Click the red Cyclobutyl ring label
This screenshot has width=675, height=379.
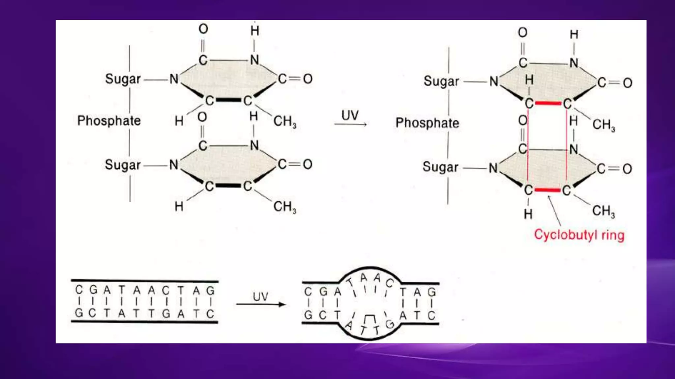(579, 235)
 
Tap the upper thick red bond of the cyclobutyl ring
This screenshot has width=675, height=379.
(548, 103)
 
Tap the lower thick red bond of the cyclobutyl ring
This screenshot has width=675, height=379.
(547, 190)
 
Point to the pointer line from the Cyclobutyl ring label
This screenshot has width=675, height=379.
(554, 211)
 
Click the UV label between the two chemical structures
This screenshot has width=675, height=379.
(350, 115)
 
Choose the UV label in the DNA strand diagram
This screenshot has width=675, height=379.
(260, 296)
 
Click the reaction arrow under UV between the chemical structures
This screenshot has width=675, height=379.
(350, 124)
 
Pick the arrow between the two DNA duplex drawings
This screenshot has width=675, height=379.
(260, 304)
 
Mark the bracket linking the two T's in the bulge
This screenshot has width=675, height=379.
(369, 318)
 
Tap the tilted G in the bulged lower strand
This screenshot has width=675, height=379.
(390, 324)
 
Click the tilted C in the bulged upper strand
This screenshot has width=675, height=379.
(390, 283)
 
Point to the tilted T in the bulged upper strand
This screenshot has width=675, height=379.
(349, 282)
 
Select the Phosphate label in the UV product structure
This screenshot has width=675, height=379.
(427, 123)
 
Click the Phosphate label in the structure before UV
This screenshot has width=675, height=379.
(109, 121)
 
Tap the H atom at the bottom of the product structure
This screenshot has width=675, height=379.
(528, 214)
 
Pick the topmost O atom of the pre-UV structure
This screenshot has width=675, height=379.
(203, 29)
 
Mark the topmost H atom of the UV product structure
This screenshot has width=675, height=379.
(574, 34)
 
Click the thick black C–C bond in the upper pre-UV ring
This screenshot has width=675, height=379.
(228, 100)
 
